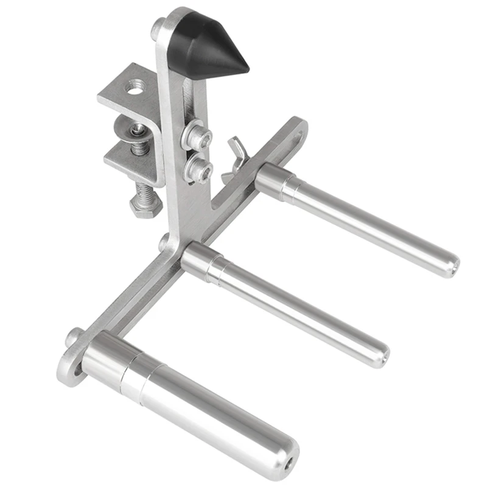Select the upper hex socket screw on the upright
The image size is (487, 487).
point(199,138)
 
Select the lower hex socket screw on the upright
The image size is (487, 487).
point(200,170)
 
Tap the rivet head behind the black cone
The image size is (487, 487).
point(158,27)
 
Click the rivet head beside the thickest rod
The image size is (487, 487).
point(75,338)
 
